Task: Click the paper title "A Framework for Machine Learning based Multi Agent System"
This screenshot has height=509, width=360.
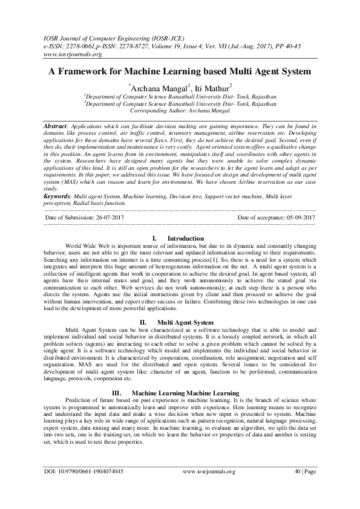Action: coord(180,71)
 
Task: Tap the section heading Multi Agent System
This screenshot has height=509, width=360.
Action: coord(185,322)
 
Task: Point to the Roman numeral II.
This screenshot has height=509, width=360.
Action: coord(144,322)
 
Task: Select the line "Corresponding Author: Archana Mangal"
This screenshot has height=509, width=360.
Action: coord(180,111)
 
